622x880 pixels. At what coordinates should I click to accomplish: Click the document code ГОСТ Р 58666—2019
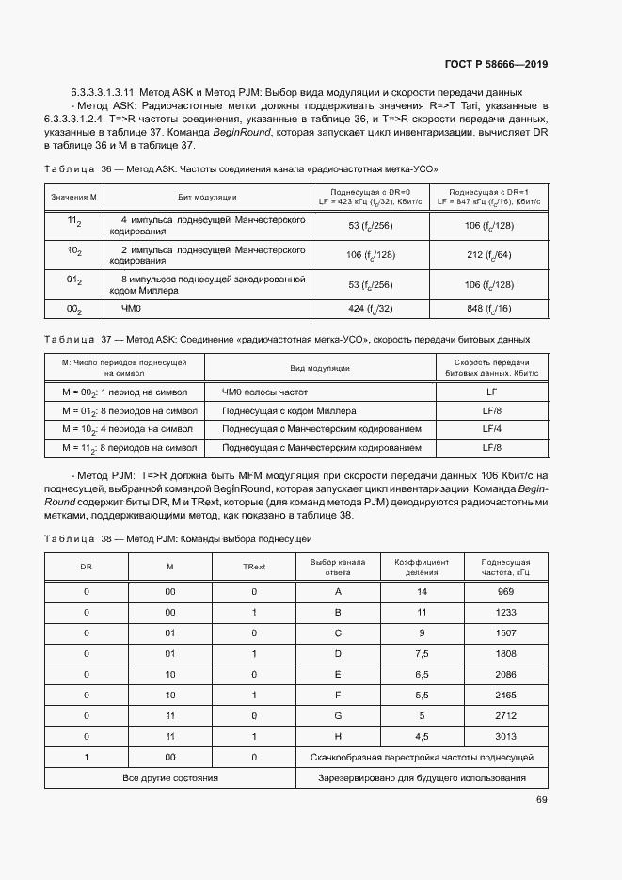tap(496, 64)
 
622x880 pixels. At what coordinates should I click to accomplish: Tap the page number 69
tap(541, 800)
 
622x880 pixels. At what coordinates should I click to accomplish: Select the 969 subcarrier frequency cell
tap(505, 591)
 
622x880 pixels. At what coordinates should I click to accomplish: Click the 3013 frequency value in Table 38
tap(505, 736)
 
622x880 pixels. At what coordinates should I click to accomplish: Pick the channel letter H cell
tap(337, 736)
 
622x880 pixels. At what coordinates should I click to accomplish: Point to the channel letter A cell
tap(337, 591)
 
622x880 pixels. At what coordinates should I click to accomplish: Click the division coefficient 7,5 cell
tap(422, 653)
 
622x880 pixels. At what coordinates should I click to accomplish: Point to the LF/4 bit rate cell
tap(491, 428)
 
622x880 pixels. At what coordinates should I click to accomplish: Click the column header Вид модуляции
tap(320, 368)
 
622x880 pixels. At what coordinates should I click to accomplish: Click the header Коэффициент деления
tap(422, 566)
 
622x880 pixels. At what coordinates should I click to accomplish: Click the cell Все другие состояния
tap(170, 778)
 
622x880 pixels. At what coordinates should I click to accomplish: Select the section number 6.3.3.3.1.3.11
tap(104, 92)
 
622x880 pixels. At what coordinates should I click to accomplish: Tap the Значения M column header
tap(75, 197)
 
